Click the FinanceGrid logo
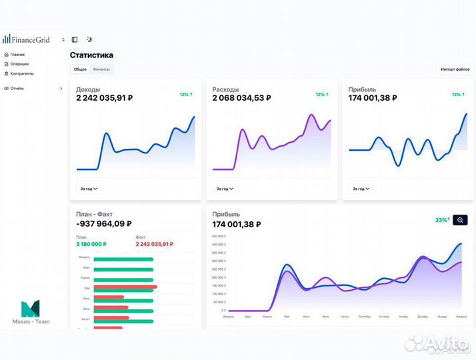pyautogui.click(x=27, y=39)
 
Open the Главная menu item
pyautogui.click(x=17, y=55)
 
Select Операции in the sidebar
pyautogui.click(x=19, y=64)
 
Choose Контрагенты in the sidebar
pyautogui.click(x=22, y=73)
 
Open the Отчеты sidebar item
pyautogui.click(x=17, y=88)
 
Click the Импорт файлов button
pyautogui.click(x=455, y=69)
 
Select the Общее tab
pyautogui.click(x=80, y=69)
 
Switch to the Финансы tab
pyautogui.click(x=101, y=69)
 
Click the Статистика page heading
pyautogui.click(x=91, y=55)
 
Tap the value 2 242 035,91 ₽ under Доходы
pyautogui.click(x=104, y=98)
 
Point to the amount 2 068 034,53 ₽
pyautogui.click(x=241, y=98)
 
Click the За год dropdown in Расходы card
pyautogui.click(x=225, y=189)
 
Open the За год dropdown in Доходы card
pyautogui.click(x=89, y=189)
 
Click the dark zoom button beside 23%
pyautogui.click(x=460, y=220)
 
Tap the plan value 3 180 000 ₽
pyautogui.click(x=92, y=244)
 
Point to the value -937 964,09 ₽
pyautogui.click(x=103, y=224)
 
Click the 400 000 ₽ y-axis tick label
pyautogui.click(x=219, y=245)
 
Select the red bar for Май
pyautogui.click(x=125, y=287)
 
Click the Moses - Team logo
pyautogui.click(x=31, y=312)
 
